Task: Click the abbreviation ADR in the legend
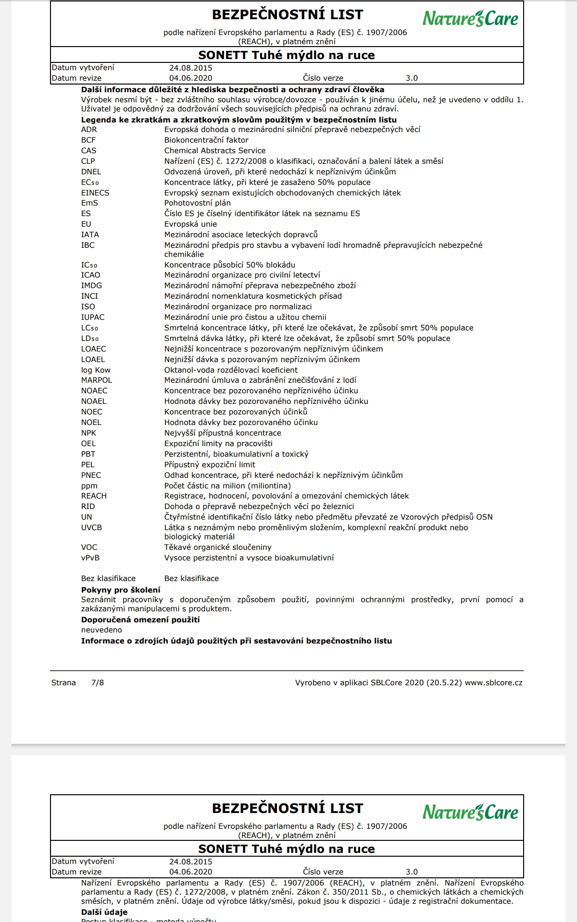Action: (x=89, y=130)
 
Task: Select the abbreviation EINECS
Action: (x=95, y=193)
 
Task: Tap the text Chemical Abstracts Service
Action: (x=215, y=151)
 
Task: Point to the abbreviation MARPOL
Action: (x=97, y=380)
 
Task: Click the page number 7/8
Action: (x=98, y=683)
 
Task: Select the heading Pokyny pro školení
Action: (x=121, y=590)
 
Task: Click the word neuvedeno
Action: (x=101, y=630)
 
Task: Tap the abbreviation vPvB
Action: (x=90, y=558)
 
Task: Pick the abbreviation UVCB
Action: (x=91, y=528)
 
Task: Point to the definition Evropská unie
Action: (x=190, y=224)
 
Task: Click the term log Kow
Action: (x=96, y=370)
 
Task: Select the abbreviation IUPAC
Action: (x=93, y=317)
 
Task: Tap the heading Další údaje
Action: (x=104, y=912)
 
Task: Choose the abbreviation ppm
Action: (x=89, y=486)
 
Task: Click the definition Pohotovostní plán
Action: (x=198, y=203)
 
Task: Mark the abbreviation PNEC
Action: (x=91, y=475)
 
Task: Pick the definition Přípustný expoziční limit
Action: (x=210, y=465)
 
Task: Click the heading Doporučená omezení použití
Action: (x=140, y=620)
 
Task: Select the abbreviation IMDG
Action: (x=91, y=286)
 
